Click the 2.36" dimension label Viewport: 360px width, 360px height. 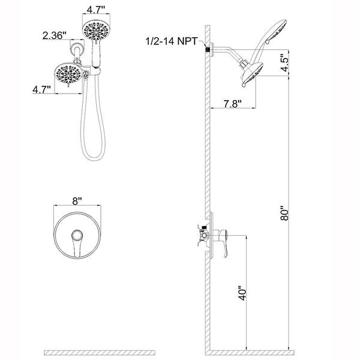coord(55,35)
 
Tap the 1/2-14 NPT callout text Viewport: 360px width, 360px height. coord(172,41)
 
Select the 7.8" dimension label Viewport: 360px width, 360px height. coord(233,104)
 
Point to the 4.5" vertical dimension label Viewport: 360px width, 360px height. coord(284,63)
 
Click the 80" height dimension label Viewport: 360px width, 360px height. coord(284,213)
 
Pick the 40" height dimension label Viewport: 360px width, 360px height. coord(242,293)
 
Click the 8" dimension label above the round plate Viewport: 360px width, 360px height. coord(77,201)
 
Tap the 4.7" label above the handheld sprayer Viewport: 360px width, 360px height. coord(96,10)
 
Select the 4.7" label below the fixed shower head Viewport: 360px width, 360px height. coord(41,89)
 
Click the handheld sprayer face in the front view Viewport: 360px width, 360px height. coord(96,30)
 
